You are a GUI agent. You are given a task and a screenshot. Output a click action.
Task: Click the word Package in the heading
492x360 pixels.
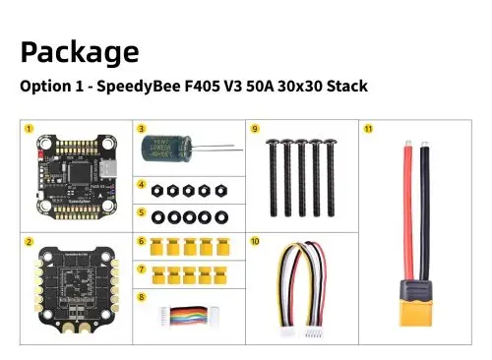tap(79, 51)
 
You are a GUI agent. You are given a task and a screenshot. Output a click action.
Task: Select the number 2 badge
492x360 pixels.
tap(30, 241)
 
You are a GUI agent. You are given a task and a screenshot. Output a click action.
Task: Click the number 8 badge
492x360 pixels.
tap(141, 296)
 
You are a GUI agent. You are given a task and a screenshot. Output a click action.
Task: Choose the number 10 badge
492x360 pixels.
tap(255, 241)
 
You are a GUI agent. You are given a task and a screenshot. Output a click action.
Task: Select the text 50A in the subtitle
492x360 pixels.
tap(249, 87)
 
